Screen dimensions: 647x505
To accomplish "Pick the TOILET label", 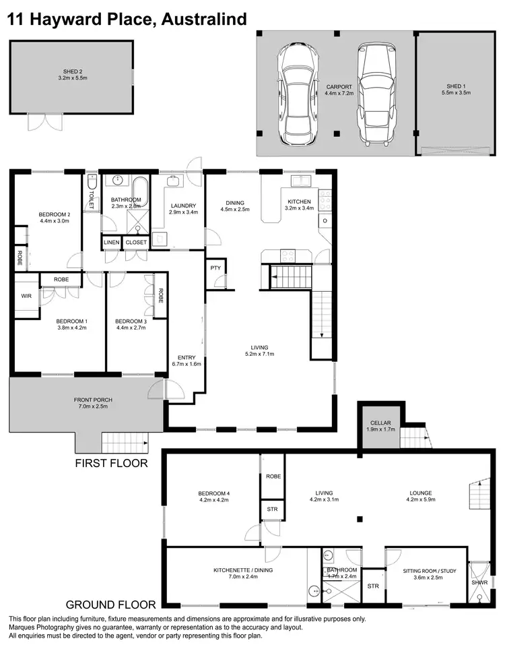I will click(x=92, y=195).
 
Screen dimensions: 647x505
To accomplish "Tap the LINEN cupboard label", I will click(x=111, y=243).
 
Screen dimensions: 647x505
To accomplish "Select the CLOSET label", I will click(x=136, y=243).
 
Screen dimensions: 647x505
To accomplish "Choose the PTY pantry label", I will click(x=216, y=268).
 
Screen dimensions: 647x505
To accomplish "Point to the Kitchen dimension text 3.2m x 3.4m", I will click(x=300, y=208).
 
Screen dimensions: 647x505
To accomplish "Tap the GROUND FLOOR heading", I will click(x=110, y=605).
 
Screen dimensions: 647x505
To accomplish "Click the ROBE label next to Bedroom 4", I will click(x=273, y=476).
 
